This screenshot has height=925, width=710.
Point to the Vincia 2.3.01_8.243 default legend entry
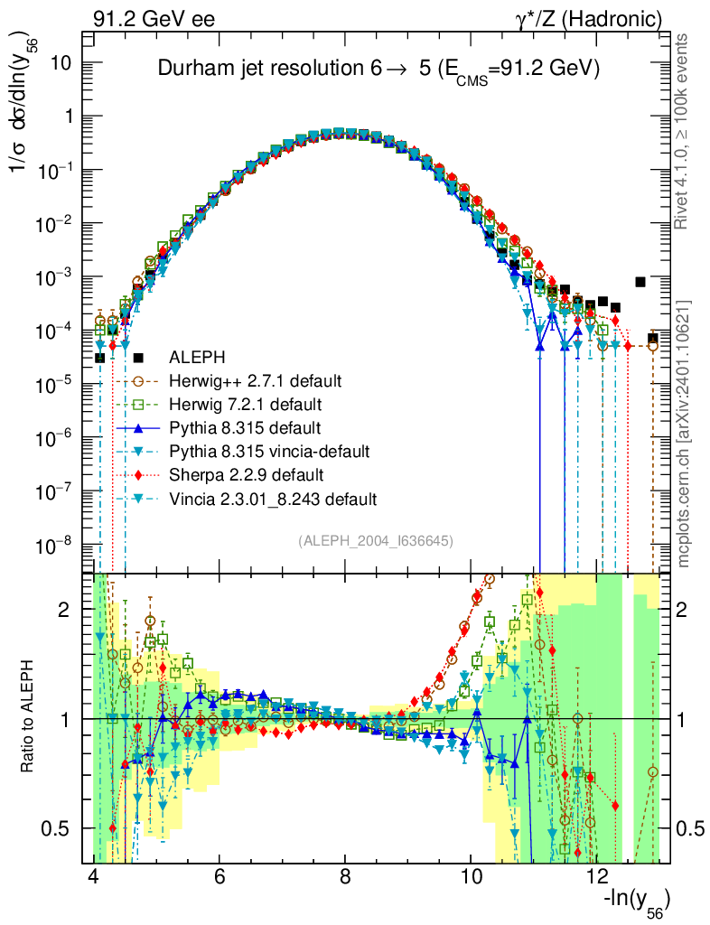click(272, 498)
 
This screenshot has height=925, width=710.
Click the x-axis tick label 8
click(345, 877)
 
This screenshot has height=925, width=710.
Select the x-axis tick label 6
click(220, 877)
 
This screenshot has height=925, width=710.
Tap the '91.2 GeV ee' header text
click(154, 17)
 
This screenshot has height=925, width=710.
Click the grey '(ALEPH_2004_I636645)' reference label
click(375, 540)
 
